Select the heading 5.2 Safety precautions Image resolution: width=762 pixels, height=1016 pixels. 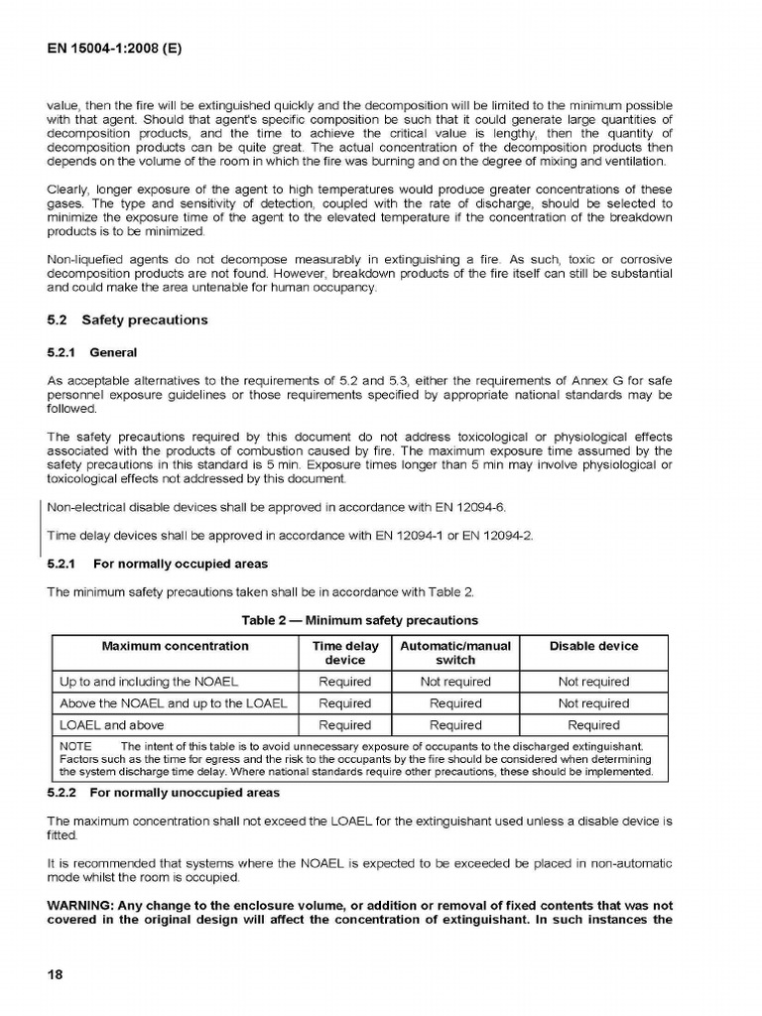[128, 320]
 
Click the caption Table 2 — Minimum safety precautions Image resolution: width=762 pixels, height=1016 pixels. [360, 620]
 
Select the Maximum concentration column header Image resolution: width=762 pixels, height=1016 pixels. [175, 646]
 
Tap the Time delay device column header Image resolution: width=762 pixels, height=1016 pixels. [345, 653]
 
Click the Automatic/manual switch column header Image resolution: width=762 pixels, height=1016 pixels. [455, 653]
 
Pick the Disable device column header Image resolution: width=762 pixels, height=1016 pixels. [593, 646]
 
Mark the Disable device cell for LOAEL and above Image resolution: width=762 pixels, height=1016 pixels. [593, 725]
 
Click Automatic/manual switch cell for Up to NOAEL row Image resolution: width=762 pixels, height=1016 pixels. [455, 682]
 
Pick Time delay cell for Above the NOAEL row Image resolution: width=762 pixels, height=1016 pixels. [345, 703]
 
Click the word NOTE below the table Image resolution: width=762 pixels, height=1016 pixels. [75, 746]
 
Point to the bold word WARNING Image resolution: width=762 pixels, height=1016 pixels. [83, 905]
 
